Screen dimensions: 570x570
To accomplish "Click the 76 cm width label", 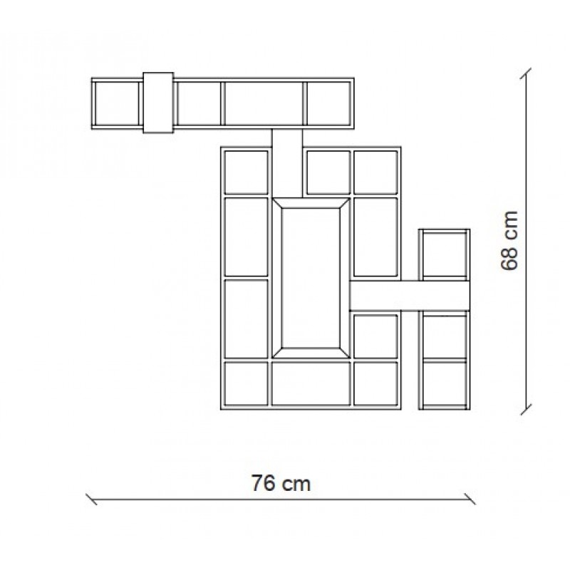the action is coord(281,484).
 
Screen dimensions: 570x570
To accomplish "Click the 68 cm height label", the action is coord(509,241).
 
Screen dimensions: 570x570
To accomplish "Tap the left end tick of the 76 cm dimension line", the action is coord(91,499).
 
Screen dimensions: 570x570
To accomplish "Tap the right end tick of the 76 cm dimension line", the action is coord(470,499).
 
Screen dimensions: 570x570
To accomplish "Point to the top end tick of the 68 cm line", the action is coord(526,73).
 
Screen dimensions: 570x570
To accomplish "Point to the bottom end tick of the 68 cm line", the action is coord(526,409).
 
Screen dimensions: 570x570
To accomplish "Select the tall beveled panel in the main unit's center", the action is coord(311,278).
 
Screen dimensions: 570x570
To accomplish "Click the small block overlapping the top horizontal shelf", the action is coord(158,103).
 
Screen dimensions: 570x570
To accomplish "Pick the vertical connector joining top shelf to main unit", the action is coord(287,163).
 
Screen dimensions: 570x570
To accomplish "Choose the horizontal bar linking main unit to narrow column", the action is coord(410,296).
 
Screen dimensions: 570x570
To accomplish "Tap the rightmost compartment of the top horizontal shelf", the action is coord(328,103).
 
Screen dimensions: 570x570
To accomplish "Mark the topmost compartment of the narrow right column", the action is coord(444,254).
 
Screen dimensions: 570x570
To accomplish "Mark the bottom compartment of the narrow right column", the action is coord(444,384).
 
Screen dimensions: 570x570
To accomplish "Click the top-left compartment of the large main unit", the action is coord(246,172).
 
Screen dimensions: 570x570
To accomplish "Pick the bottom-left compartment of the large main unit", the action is coord(246,384).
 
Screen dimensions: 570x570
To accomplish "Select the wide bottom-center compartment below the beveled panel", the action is coord(311,384).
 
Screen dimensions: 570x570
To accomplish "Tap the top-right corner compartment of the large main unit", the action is coord(375,172).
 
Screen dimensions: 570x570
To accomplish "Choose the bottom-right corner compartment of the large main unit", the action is coord(375,384).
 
